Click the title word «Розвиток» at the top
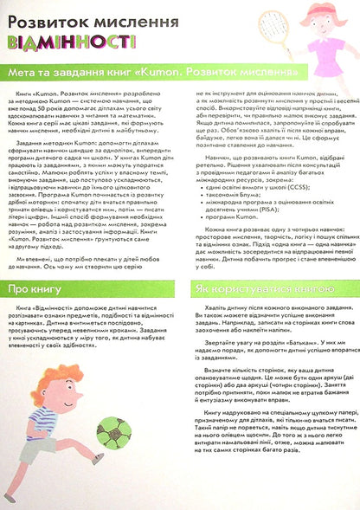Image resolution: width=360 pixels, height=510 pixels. tap(42, 18)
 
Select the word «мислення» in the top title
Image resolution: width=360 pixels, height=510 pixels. tap(125, 18)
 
